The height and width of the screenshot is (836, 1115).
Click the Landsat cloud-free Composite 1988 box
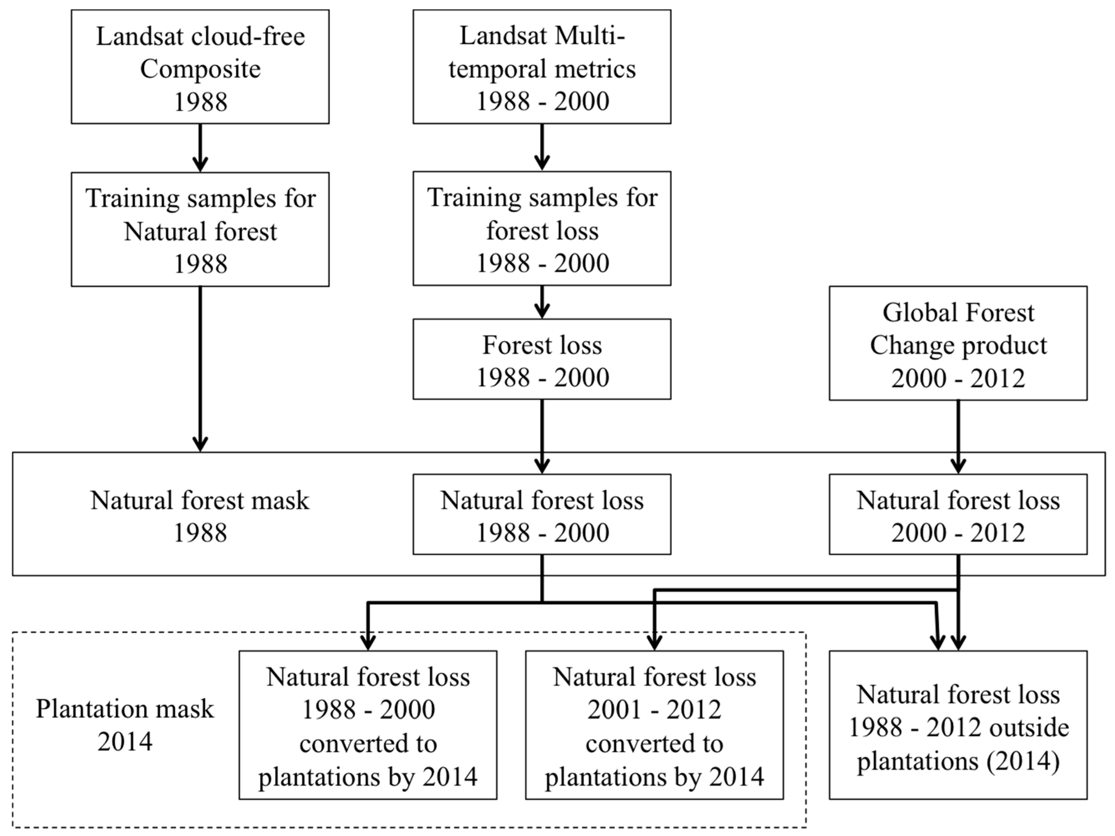point(200,66)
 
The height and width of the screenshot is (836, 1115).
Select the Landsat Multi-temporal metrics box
point(542,66)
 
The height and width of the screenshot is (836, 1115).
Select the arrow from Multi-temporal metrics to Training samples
point(542,147)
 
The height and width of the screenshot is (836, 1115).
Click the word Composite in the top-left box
point(200,69)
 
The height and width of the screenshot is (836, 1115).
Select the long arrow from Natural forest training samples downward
point(200,368)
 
